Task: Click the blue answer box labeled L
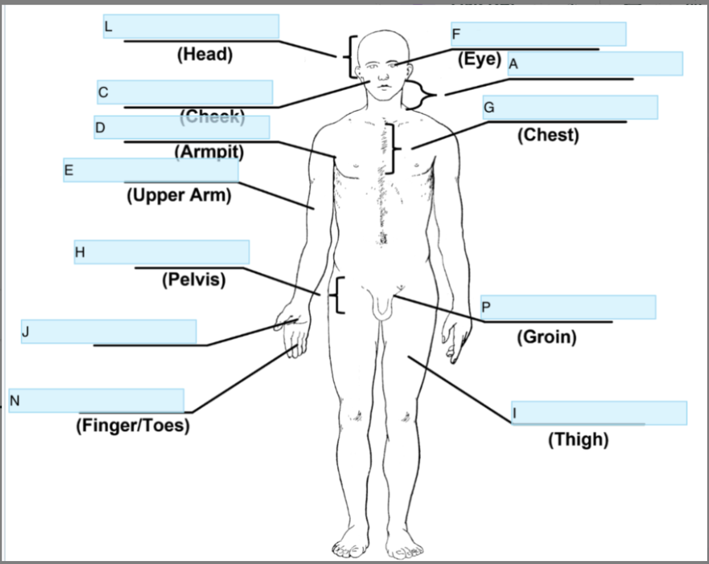[191, 27]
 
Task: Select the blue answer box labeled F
[539, 34]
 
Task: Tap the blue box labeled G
[570, 107]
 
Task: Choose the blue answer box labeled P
[568, 307]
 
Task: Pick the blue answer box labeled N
[96, 401]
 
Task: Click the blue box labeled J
[109, 332]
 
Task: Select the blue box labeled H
[162, 252]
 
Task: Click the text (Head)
[205, 54]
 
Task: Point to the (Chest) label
[548, 135]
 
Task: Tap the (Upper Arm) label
[179, 195]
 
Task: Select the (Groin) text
[546, 337]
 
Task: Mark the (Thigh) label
[578, 440]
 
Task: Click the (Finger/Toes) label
[133, 425]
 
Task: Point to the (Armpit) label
[209, 152]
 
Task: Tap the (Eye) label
[479, 60]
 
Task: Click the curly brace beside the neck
[421, 95]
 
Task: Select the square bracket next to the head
[352, 57]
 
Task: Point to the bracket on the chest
[392, 148]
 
